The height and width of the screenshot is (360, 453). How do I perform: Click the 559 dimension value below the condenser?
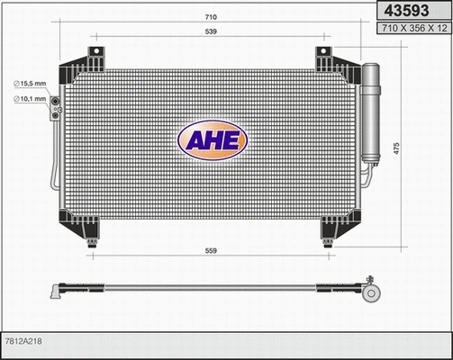click(x=209, y=251)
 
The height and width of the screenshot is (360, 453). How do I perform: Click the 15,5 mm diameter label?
click(x=31, y=84)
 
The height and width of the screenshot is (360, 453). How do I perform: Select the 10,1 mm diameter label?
click(x=31, y=99)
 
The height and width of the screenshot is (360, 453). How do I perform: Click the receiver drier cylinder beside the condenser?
click(x=372, y=112)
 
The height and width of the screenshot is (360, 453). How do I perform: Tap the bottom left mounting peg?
click(x=91, y=241)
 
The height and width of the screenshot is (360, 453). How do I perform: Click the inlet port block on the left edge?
click(x=55, y=107)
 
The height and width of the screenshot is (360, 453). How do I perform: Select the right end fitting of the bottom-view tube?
click(x=371, y=289)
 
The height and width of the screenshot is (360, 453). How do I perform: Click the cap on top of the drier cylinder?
click(x=372, y=67)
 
